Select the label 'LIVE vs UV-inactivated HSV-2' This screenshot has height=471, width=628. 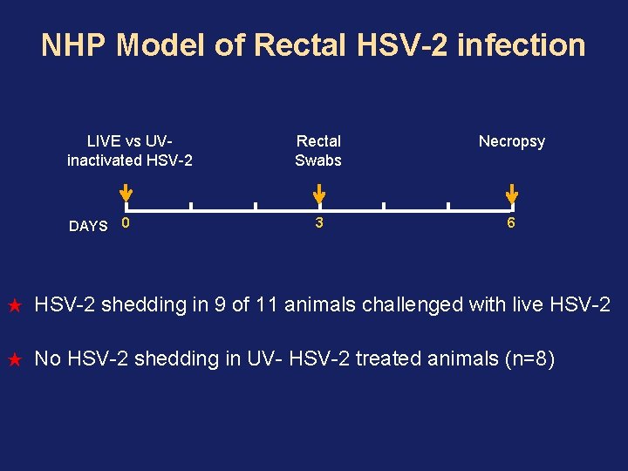pos(129,150)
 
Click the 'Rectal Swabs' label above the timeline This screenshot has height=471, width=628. pos(318,150)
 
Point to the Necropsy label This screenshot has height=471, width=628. pos(512,141)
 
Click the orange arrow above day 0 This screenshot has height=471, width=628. pos(126,193)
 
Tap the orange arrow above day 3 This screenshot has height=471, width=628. pos(319,193)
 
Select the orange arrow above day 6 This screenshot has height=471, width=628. pos(512,193)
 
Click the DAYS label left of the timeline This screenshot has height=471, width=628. pos(88,226)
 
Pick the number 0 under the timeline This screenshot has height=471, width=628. pos(126,223)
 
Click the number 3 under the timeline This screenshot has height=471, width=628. pos(319,223)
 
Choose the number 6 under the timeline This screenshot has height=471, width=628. pos(512,223)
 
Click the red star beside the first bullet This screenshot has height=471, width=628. pos(14,306)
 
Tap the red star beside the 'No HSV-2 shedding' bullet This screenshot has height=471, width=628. pos(14,359)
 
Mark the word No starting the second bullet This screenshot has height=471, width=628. pos(47,358)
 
